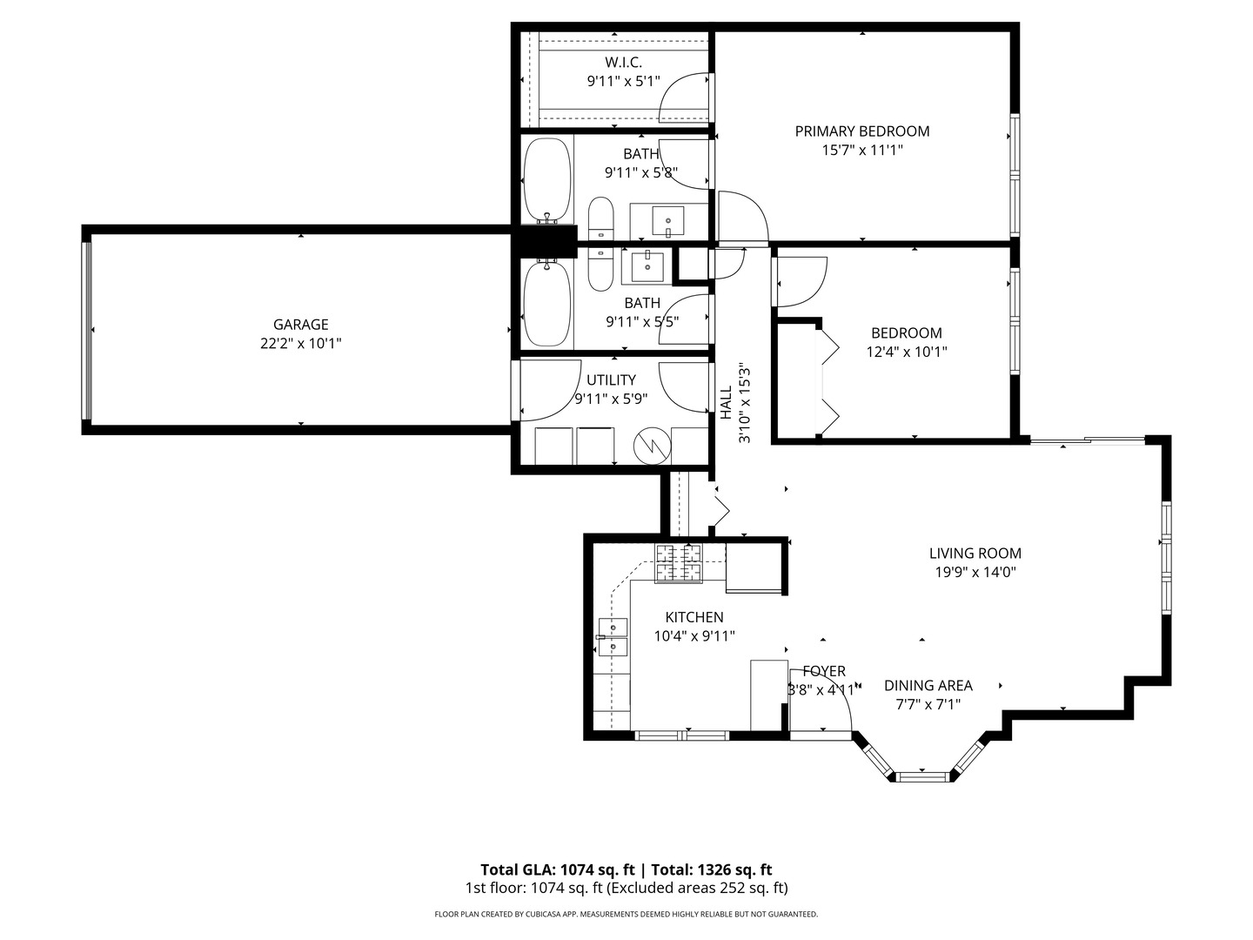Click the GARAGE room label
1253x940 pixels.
[x=300, y=325]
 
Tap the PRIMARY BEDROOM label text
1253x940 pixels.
[x=861, y=131]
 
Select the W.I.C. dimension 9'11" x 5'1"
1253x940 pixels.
[x=623, y=82]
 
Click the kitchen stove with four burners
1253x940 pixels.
[x=679, y=563]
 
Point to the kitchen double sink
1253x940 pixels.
[x=613, y=637]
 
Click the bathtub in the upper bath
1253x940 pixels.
[x=547, y=180]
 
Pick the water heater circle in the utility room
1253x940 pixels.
[x=652, y=446]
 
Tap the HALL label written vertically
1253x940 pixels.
[x=726, y=402]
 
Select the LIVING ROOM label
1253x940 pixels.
[x=975, y=553]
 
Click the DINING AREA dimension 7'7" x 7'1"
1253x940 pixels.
[x=928, y=705]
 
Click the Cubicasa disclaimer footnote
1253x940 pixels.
[x=626, y=914]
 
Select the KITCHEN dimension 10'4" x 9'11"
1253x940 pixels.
[x=694, y=636]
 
